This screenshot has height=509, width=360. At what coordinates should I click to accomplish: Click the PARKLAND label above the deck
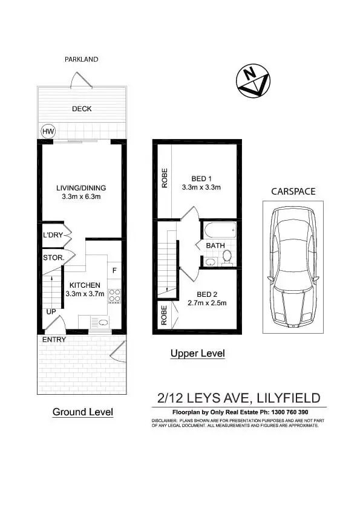[81, 59]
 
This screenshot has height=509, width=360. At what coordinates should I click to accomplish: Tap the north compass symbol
[254, 81]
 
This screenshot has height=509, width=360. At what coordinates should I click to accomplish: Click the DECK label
[82, 109]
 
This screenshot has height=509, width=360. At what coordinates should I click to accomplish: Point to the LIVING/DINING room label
[81, 188]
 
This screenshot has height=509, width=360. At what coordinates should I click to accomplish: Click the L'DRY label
[53, 235]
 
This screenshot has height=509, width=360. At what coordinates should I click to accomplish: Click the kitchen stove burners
[114, 297]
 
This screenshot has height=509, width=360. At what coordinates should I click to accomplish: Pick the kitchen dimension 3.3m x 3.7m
[85, 294]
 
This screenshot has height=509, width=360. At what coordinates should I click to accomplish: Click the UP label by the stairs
[51, 312]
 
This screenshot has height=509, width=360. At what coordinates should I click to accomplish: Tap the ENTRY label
[53, 339]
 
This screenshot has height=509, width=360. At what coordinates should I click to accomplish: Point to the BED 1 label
[201, 178]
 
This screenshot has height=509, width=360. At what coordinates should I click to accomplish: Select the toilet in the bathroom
[227, 258]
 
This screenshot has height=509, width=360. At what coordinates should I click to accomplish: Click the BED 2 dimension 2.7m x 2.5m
[207, 302]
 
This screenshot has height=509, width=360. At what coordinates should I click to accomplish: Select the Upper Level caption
[198, 354]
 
